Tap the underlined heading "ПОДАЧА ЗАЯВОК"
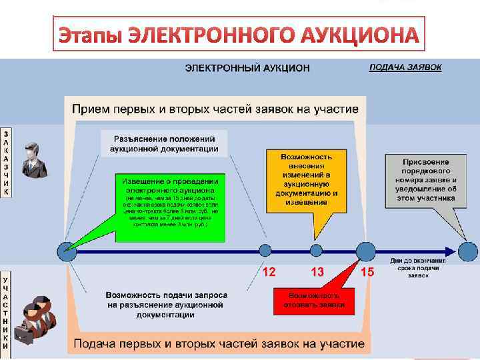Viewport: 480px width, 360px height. coord(405,67)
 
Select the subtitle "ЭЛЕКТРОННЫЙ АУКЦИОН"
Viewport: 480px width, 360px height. coord(247,68)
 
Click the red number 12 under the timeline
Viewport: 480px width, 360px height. coord(269,272)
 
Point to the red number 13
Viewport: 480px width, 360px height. coord(317,272)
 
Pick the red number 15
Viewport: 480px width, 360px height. coord(367,272)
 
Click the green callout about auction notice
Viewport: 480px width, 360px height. coord(170,207)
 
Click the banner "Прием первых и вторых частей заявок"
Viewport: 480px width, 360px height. coord(215,109)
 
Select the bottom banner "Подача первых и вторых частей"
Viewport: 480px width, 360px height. coord(219,344)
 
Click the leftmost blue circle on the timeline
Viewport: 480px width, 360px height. coord(66,251)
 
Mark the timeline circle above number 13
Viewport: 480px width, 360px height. coord(317,251)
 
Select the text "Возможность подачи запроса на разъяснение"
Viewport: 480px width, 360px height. coord(166,299)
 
